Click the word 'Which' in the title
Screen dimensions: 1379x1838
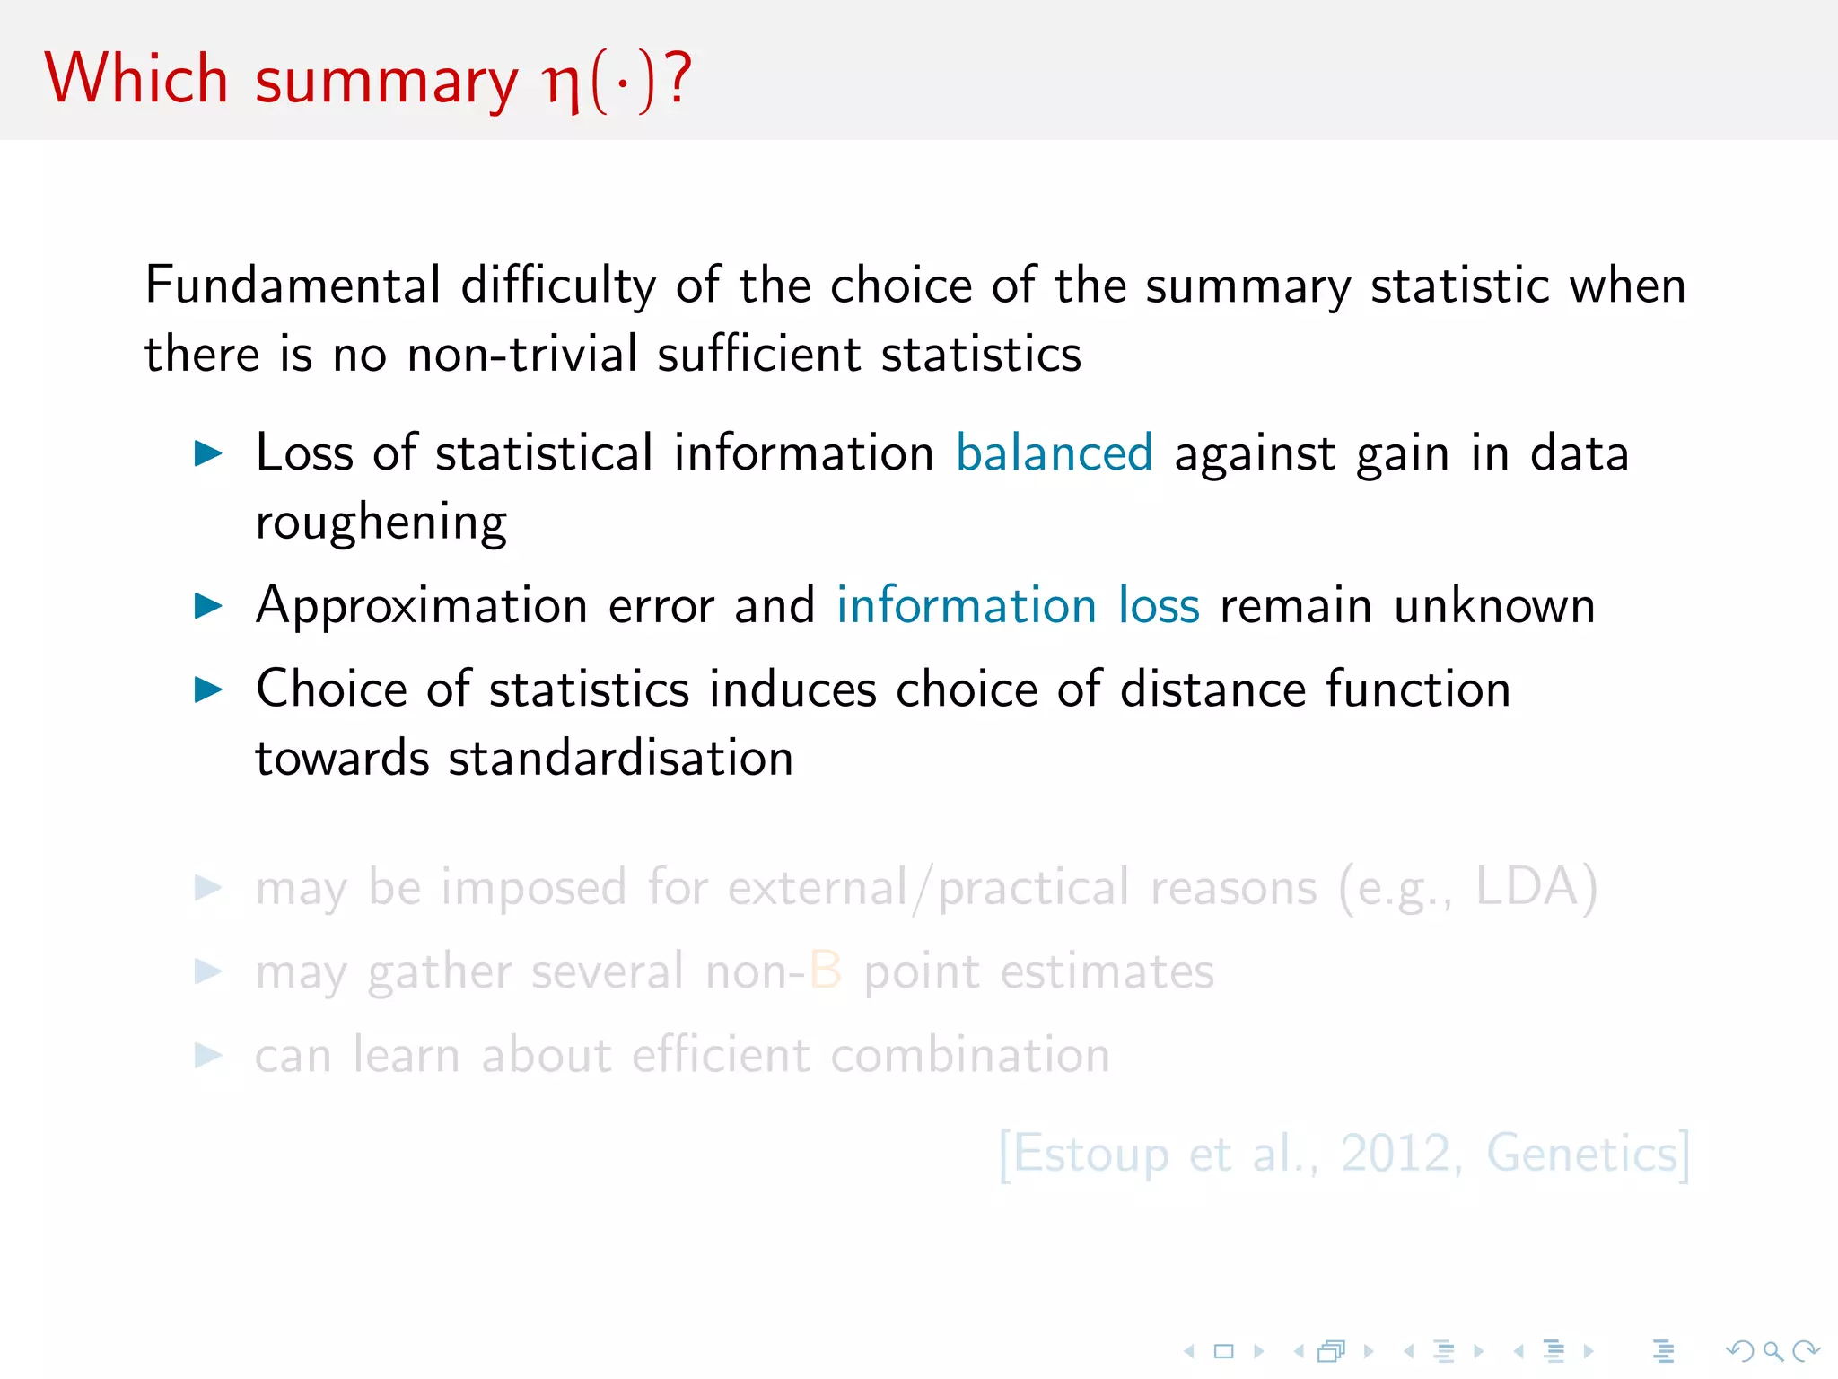tap(136, 79)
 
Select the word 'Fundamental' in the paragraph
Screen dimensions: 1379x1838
tap(293, 285)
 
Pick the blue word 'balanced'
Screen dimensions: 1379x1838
tap(1054, 452)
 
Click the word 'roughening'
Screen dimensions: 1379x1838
tap(381, 523)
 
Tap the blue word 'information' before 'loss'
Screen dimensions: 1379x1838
tap(966, 605)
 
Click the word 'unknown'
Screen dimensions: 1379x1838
tap(1494, 605)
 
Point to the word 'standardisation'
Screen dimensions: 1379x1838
tap(620, 758)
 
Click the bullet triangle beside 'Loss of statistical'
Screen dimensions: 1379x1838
tap(208, 453)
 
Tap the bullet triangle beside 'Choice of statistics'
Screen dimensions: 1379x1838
tap(208, 689)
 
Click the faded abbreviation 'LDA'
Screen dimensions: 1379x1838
tap(1527, 887)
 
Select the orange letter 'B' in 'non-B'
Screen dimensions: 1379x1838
tap(825, 971)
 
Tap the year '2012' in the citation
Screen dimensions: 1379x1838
tap(1396, 1154)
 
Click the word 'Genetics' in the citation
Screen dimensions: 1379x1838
tap(1581, 1154)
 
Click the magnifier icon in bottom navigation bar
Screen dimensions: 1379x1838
tap(1772, 1351)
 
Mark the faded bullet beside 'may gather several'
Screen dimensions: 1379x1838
tap(208, 971)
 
